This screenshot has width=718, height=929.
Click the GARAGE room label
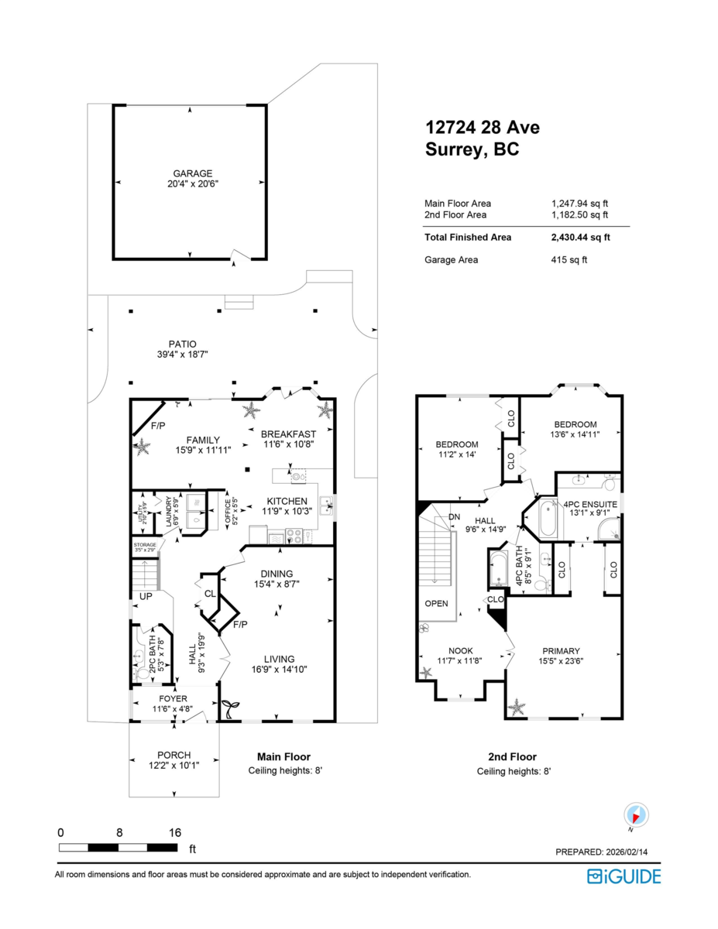point(192,173)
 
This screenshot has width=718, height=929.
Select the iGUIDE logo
point(624,876)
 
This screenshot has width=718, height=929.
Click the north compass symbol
point(636,815)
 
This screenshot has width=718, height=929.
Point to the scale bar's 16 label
point(175,832)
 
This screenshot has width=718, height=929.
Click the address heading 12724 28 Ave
point(483,127)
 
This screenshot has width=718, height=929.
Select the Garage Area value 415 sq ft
point(569,260)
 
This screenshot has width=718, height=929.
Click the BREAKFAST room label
point(287,434)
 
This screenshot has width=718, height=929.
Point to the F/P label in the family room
point(158,426)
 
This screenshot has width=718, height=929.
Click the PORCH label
point(173,755)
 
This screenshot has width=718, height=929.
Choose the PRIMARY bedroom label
point(562,651)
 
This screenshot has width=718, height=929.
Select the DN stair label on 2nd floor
point(455,516)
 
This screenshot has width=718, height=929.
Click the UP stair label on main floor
point(145,597)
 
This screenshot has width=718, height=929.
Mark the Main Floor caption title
point(283,757)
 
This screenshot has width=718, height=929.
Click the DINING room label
point(277,574)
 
